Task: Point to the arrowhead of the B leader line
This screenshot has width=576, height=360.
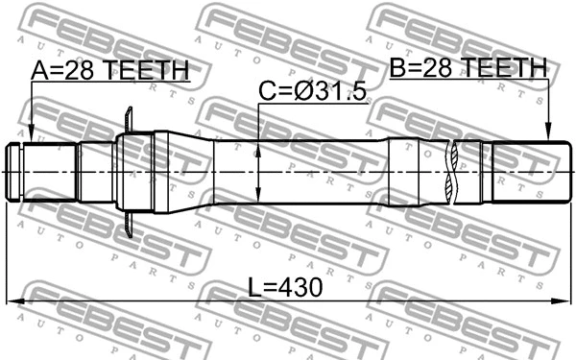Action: tap(548, 138)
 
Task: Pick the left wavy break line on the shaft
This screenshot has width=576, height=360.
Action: tap(450, 172)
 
